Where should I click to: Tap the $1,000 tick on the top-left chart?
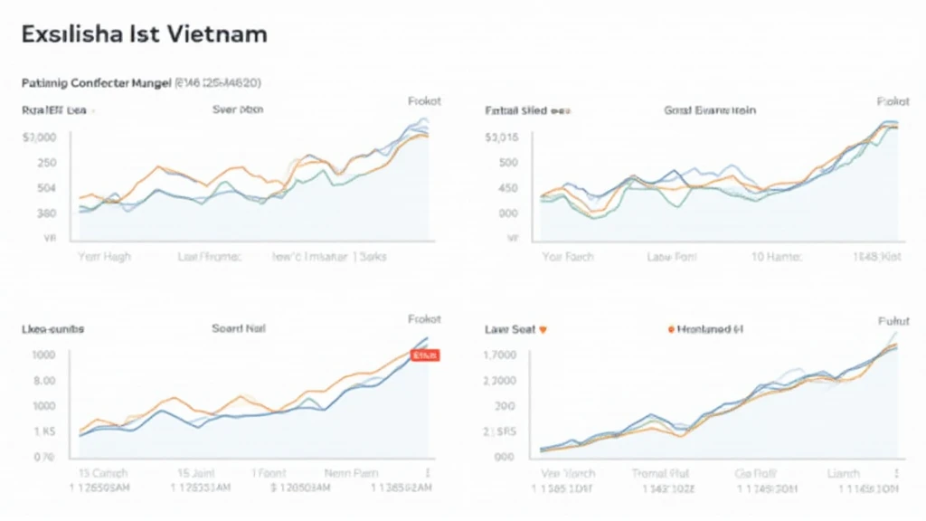tap(39, 137)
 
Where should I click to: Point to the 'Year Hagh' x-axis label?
tap(103, 257)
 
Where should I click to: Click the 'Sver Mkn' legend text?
tap(237, 109)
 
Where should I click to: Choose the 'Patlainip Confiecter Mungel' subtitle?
tap(96, 82)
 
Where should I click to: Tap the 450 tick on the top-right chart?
tap(507, 188)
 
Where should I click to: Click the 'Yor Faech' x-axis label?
tap(568, 257)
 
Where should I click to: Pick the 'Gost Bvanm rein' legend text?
tap(709, 109)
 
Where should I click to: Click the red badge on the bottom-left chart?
tap(424, 356)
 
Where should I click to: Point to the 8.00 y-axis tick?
tap(43, 381)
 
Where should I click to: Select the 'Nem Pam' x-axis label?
tap(351, 473)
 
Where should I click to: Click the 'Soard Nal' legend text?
tap(239, 329)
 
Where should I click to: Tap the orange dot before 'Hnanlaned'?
tap(670, 330)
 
